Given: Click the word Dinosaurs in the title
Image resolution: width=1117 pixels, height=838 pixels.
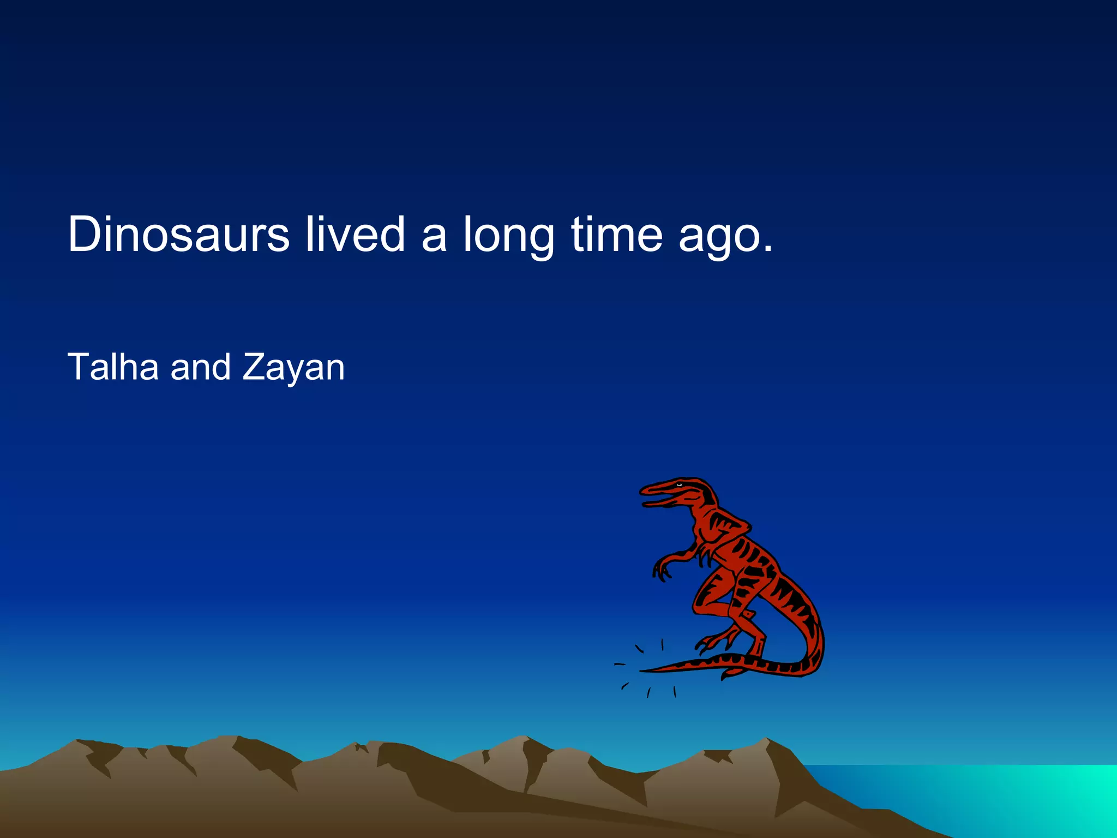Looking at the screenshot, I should pyautogui.click(x=178, y=234).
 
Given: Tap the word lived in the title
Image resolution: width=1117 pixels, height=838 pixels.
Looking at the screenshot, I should pyautogui.click(x=355, y=234).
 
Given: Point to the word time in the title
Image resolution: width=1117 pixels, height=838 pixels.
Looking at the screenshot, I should pyautogui.click(x=616, y=234).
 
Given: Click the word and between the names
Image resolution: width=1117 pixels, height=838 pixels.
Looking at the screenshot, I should pyautogui.click(x=201, y=367).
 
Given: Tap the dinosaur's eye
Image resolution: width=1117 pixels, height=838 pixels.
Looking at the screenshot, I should pyautogui.click(x=680, y=484).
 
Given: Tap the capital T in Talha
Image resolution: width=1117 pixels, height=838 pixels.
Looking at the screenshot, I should pyautogui.click(x=79, y=367).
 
